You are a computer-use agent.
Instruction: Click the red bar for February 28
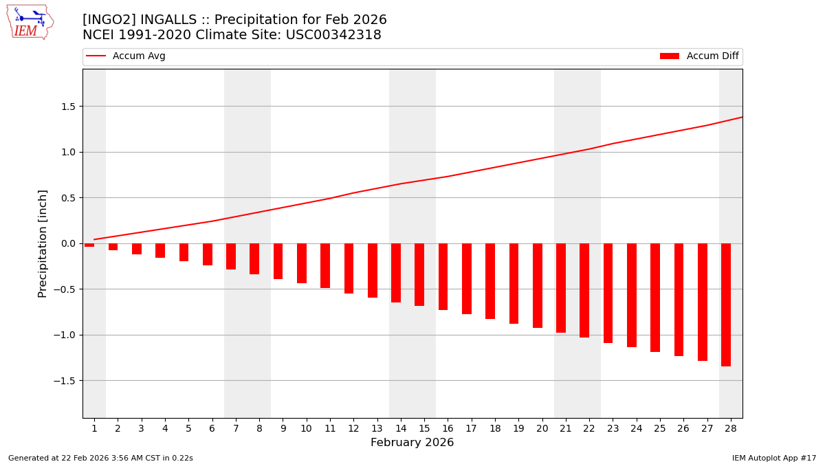pos(726,305)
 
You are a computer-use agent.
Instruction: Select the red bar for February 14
pos(396,273)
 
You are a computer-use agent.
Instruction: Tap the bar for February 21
pos(561,288)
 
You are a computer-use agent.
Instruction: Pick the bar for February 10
pos(302,263)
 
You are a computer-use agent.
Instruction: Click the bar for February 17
pos(467,278)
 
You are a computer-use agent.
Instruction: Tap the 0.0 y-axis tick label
pos(67,243)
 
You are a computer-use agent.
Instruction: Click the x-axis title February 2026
pos(412,443)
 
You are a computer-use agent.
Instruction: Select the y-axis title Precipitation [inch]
pos(43,243)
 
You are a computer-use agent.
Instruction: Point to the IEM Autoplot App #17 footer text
pos(773,458)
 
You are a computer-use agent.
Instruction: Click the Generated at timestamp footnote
pos(100,458)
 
